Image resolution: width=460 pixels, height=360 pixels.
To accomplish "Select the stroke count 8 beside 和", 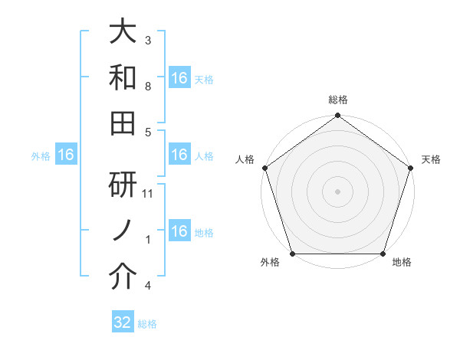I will point(148,86).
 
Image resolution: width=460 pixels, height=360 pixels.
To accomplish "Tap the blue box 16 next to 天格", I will point(179,77).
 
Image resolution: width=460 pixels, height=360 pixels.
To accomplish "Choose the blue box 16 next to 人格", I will point(179,155).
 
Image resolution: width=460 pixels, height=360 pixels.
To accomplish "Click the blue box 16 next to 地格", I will point(179,231).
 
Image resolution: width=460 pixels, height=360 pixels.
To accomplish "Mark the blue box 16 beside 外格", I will point(66,155).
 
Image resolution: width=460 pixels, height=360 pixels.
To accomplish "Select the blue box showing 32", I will point(123,322).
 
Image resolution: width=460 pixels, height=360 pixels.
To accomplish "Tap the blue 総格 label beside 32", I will point(147,324).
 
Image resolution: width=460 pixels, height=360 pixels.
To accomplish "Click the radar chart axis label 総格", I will point(337,100).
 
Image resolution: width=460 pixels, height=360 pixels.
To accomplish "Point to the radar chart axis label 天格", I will point(431,159).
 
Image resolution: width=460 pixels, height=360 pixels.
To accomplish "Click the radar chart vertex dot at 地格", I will point(383,254).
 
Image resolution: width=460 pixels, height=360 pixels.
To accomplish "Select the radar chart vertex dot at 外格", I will point(292,254).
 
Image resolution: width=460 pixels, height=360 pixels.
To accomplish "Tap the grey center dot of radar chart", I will point(337,191).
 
